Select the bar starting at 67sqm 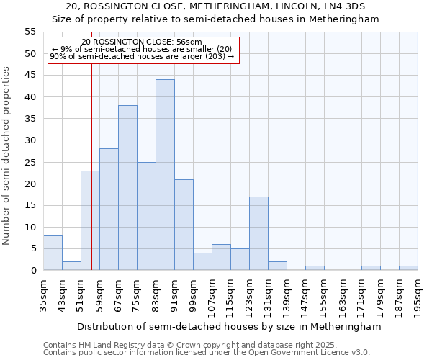127,188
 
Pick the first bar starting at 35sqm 53,253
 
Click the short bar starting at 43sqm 71,266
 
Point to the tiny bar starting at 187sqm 408,268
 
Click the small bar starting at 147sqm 315,268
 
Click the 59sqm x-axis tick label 99,294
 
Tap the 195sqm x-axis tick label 418,294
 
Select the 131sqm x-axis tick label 268,294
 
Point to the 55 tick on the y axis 30,32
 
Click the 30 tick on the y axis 30,140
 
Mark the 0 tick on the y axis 32,271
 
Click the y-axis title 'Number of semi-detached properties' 7,156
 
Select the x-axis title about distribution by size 228,326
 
